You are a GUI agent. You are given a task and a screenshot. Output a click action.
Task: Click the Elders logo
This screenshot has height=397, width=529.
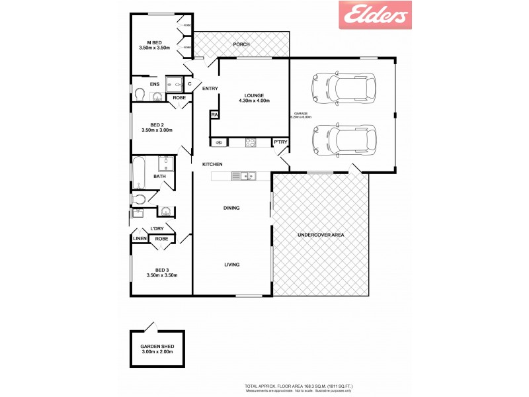coord(375,15)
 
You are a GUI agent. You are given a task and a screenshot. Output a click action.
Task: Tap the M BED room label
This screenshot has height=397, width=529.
coord(155,44)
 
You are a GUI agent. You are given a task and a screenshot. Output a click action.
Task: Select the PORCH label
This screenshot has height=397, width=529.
coord(241,44)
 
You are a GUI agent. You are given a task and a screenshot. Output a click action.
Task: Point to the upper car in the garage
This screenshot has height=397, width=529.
coord(343,87)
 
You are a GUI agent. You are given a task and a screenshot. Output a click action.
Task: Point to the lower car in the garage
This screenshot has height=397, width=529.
coord(343,140)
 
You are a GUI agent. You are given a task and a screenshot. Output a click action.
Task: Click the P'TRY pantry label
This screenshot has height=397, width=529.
coord(280,142)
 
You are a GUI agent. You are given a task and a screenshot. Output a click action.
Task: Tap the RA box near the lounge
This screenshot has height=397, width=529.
coord(214,114)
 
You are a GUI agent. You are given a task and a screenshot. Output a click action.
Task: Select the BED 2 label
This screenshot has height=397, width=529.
coord(157,128)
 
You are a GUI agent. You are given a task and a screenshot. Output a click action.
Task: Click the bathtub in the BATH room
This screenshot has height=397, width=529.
coord(140,173)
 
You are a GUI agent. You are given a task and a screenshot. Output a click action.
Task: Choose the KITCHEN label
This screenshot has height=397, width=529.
coord(212,164)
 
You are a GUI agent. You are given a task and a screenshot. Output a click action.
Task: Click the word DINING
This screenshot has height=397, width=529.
coord(231,208)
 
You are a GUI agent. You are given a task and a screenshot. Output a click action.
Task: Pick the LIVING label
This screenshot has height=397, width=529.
coord(231,265)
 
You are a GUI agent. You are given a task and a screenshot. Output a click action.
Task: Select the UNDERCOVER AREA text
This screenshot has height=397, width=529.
coord(321,235)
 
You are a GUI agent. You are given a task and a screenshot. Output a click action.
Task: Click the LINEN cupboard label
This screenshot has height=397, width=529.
coord(140,239)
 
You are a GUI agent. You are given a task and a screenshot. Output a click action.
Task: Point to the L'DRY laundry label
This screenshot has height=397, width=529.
coord(157,228)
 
